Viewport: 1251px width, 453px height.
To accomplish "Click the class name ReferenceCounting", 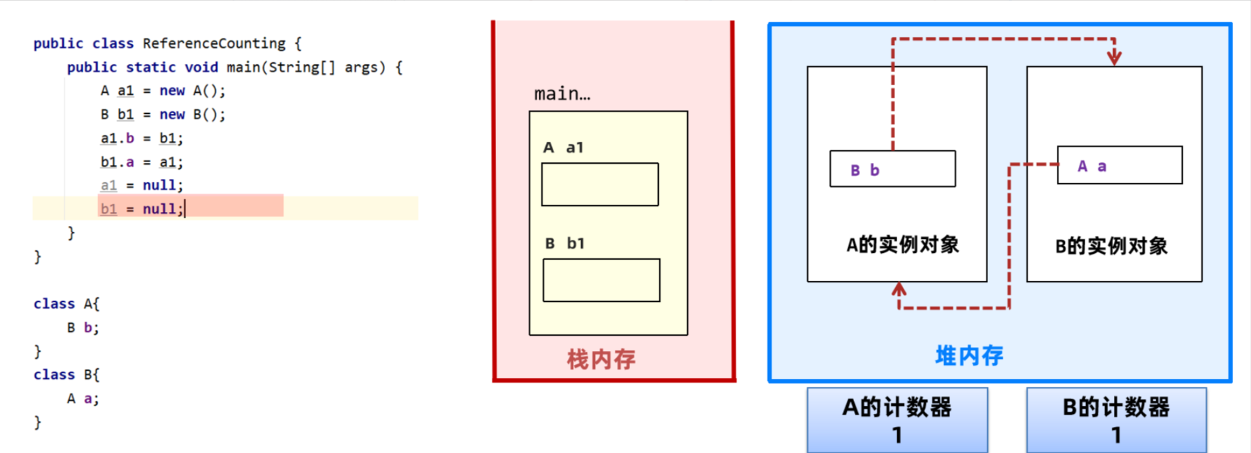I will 213,44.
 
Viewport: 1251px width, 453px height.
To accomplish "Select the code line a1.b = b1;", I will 142,138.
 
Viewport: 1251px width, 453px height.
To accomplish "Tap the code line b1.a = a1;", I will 142,162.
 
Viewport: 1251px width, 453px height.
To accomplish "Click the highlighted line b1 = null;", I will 142,209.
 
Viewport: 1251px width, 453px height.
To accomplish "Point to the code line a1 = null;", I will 142,185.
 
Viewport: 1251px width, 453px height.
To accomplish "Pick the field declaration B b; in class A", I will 83,328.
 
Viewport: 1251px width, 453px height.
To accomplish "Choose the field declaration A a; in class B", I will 83,399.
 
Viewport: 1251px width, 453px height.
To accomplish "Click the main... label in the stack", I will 562,94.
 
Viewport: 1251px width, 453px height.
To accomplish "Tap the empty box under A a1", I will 600,184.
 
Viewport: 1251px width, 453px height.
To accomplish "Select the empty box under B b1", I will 601,280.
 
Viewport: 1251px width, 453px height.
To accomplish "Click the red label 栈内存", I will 601,360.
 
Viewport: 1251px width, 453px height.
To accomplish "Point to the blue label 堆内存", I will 969,356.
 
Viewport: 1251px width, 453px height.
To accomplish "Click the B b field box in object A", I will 892,170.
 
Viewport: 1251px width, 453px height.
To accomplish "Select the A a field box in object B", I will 1119,166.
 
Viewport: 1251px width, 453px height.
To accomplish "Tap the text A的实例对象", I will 902,245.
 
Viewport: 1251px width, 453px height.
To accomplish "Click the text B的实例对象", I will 1111,246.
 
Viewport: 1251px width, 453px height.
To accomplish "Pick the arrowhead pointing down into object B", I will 1114,58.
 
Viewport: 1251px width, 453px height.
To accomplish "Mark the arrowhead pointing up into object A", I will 898,289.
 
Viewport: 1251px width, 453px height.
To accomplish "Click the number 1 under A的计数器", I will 897,435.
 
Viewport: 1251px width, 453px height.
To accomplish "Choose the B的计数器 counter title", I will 1116,407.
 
